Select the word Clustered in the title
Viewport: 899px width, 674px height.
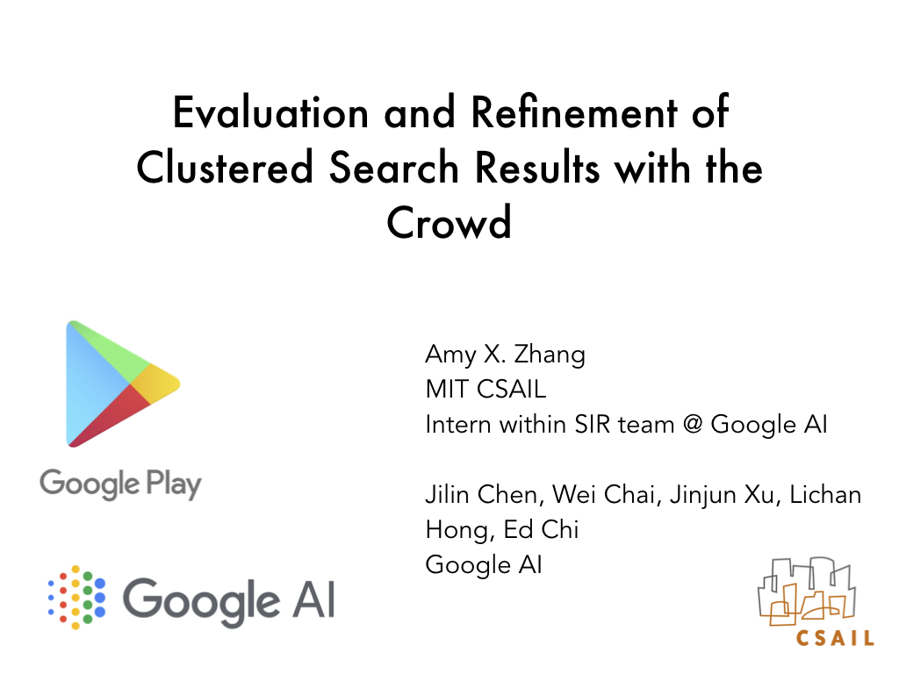225,167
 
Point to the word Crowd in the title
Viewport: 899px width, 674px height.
449,222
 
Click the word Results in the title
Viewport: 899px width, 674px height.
537,167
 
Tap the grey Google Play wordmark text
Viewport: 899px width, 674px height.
120,484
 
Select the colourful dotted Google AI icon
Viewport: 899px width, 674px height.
77,597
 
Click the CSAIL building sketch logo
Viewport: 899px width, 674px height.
807,592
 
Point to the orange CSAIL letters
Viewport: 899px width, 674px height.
835,638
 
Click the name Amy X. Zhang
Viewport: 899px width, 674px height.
505,355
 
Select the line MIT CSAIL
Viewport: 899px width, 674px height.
485,389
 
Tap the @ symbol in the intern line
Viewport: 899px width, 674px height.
693,425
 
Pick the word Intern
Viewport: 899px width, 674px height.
458,425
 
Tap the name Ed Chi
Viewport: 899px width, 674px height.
541,529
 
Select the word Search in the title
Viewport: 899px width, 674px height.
394,167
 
